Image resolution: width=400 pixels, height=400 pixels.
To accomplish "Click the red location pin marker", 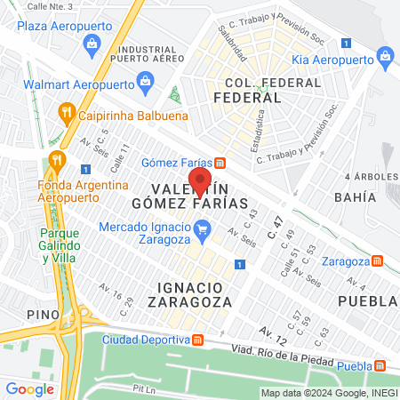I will (200, 180).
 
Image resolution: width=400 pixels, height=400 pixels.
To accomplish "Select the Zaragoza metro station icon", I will (378, 261).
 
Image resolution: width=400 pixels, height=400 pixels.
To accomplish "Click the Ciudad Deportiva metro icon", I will (197, 340).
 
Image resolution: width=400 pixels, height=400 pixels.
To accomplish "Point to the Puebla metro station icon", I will (380, 366).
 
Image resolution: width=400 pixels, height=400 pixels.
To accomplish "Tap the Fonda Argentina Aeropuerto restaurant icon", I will (58, 160).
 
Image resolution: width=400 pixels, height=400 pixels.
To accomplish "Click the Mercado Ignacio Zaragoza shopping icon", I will (203, 234).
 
